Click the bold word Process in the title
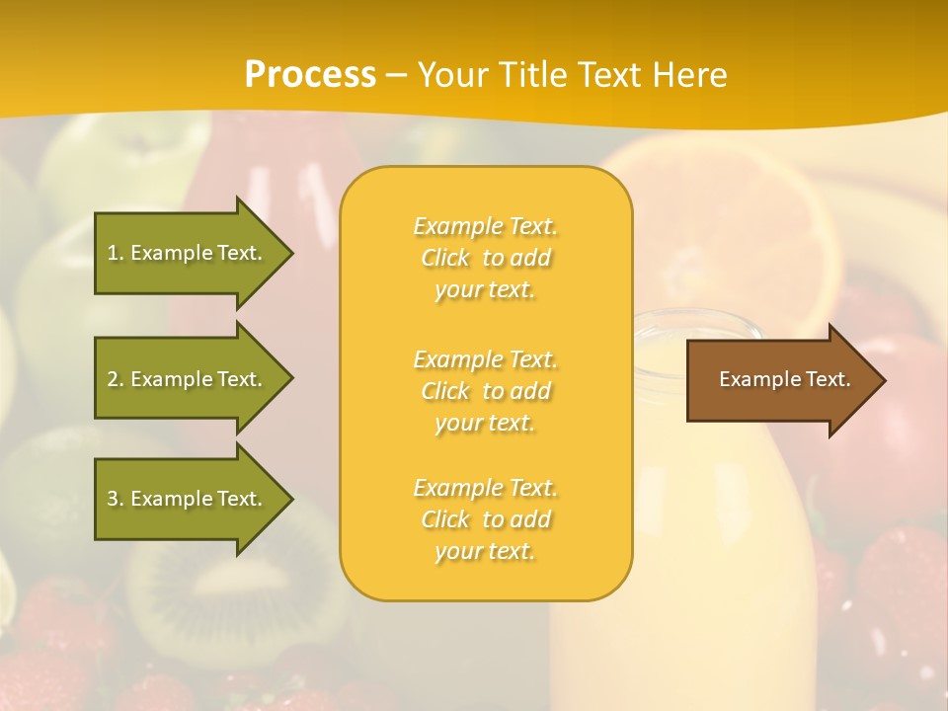310,75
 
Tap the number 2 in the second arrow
113,379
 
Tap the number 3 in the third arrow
113,499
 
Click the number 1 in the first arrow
112,253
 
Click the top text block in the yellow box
486,258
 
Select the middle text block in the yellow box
486,391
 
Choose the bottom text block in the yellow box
486,519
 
